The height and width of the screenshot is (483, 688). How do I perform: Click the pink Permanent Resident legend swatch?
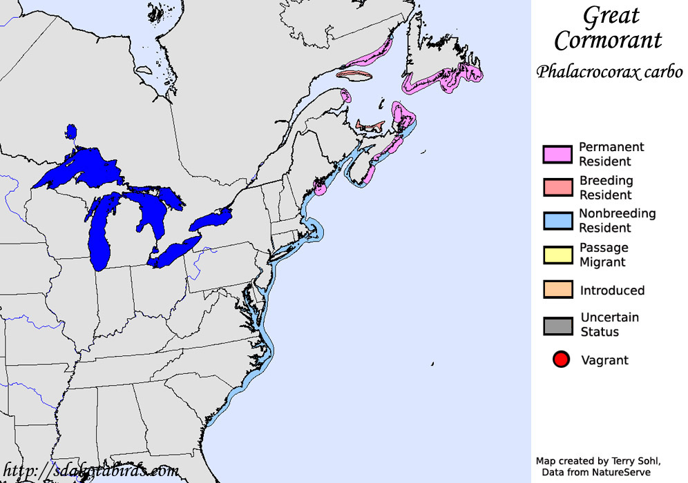click(557, 155)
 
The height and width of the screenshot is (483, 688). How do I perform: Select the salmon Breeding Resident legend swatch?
click(557, 187)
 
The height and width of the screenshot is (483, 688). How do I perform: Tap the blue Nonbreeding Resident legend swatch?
click(557, 221)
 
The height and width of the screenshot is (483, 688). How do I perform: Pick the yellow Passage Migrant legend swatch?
click(557, 255)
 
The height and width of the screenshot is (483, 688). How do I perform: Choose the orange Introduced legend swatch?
click(557, 290)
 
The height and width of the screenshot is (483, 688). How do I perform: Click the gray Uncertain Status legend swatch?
click(557, 325)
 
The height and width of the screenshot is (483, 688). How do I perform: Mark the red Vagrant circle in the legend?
click(561, 359)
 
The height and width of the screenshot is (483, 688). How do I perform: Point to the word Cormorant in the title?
click(608, 41)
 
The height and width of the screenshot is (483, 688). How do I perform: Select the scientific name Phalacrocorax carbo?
click(609, 71)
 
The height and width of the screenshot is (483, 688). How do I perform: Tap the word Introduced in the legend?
click(612, 290)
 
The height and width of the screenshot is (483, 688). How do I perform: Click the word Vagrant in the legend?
click(604, 360)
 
